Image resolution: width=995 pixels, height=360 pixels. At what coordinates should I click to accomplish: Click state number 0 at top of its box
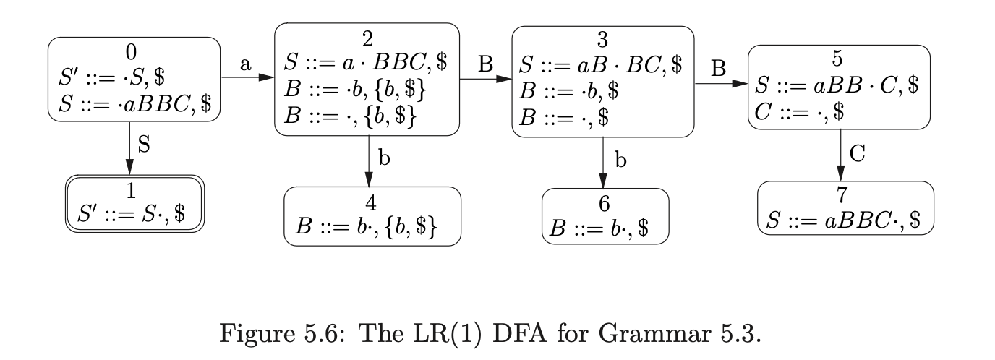point(130,51)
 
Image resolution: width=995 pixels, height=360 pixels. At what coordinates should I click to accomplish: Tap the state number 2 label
point(367,38)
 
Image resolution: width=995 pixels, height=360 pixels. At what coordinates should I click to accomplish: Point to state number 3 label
point(603,40)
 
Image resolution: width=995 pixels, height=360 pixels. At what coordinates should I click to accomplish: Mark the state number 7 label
point(845,196)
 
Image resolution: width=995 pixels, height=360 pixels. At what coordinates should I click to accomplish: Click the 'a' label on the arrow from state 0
point(246,64)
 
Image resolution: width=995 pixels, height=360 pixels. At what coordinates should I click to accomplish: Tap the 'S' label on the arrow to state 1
point(143,145)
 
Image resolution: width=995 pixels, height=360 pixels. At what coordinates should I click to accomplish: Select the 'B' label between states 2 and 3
point(485,64)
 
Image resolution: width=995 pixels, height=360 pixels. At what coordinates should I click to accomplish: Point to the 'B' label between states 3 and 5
point(719,69)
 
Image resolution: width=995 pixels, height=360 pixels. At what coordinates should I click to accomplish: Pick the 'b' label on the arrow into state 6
point(620,160)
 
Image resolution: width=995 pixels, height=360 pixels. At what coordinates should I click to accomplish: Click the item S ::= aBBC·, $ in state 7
point(843,220)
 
